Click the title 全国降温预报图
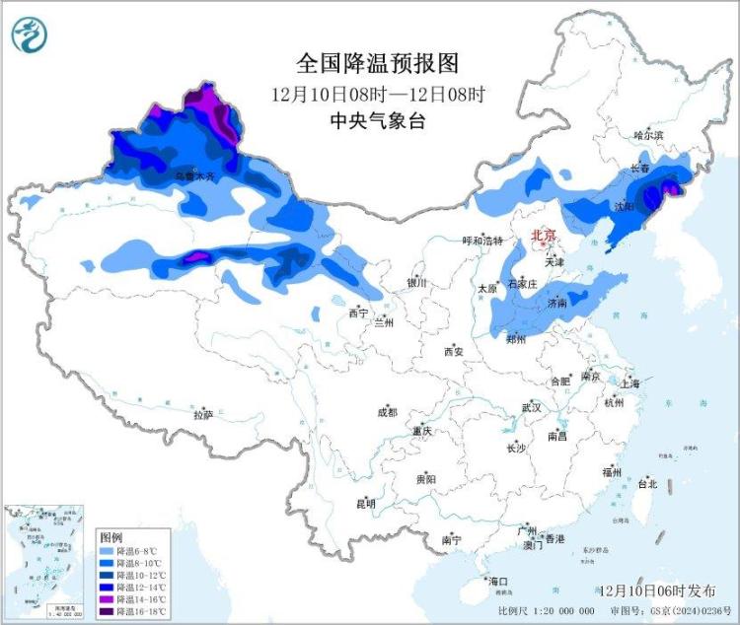[x=379, y=64]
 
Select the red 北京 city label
[x=544, y=236]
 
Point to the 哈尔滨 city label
[x=648, y=134]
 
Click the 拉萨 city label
[x=201, y=414]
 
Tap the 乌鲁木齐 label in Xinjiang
[x=194, y=175]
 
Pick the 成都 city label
[x=386, y=412]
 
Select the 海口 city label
[x=497, y=582]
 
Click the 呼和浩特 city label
[x=483, y=241]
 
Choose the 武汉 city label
[x=532, y=406]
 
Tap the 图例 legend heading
[x=111, y=535]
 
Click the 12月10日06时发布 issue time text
[x=657, y=590]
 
